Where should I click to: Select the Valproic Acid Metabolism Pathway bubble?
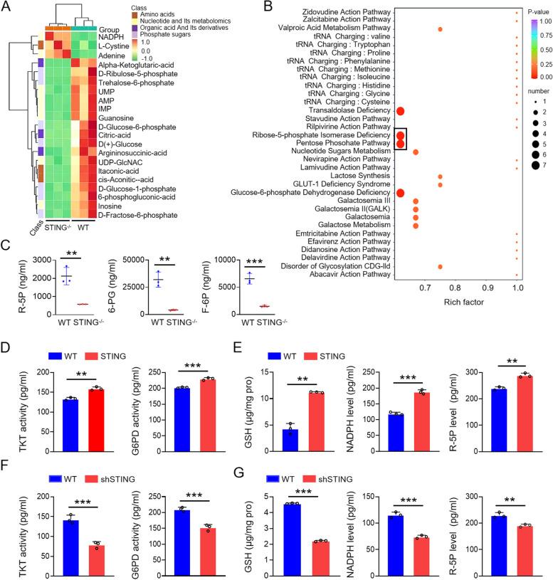pyautogui.click(x=441, y=29)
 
